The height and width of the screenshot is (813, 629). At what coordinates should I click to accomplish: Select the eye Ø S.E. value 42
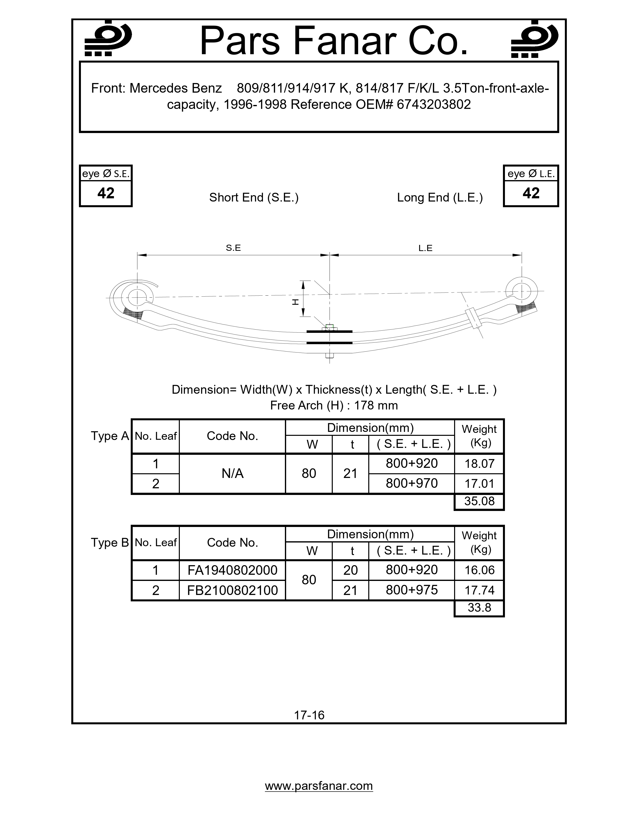[x=106, y=193]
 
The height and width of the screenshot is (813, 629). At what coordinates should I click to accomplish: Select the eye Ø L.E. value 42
[x=531, y=193]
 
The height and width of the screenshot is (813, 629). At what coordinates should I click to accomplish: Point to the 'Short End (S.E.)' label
[x=254, y=197]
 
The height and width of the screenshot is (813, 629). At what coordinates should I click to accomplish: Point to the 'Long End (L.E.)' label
[x=440, y=197]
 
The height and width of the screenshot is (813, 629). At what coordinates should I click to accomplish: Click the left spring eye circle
[x=137, y=297]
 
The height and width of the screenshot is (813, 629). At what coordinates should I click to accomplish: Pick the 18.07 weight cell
[x=479, y=464]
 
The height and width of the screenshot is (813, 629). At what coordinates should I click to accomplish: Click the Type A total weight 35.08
[x=479, y=501]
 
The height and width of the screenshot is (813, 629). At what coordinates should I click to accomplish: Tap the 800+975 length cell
[x=411, y=590]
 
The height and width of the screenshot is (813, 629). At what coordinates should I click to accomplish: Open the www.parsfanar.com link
[x=319, y=786]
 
